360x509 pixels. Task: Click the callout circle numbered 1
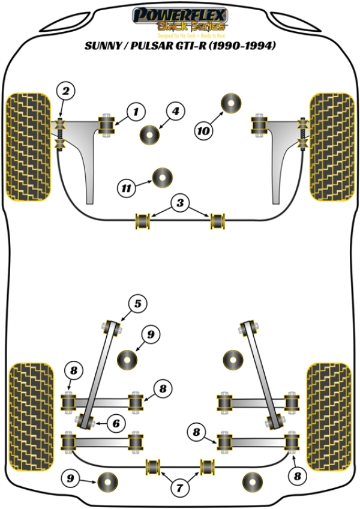[136, 111]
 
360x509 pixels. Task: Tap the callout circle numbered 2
[66, 92]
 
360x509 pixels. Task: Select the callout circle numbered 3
[178, 203]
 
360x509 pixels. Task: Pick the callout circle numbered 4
[175, 111]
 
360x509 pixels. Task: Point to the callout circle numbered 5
[137, 304]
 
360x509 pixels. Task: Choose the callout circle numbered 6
[116, 423]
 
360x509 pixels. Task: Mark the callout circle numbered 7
[178, 489]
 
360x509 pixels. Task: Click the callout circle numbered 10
[203, 130]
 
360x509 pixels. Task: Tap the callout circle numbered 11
[127, 188]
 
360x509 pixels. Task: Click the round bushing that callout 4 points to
[149, 134]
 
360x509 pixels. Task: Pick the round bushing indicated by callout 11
[162, 177]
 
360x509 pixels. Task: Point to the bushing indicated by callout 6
[85, 420]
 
